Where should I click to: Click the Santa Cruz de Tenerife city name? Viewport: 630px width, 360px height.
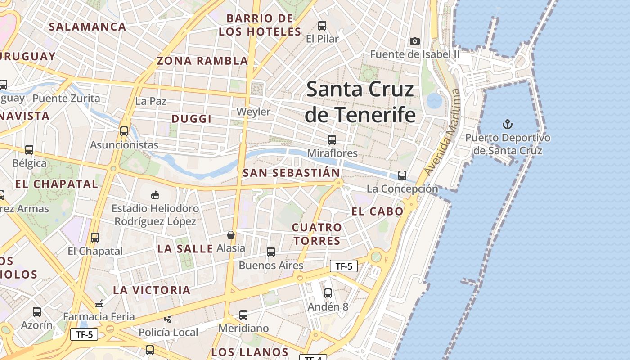coord(360,102)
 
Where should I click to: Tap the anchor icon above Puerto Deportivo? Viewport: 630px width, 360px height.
coord(508,124)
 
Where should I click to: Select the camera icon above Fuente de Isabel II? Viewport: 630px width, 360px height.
coord(415,41)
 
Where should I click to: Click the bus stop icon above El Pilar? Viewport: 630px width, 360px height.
coord(322,26)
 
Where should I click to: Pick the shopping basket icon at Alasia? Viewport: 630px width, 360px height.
coord(231,235)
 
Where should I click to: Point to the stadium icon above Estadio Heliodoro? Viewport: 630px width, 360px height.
coord(155,195)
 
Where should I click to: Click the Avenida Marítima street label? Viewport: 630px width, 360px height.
coord(443,132)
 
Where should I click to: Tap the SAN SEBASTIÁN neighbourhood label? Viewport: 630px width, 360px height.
coord(291,173)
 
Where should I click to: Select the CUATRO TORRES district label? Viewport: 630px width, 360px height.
coord(317,234)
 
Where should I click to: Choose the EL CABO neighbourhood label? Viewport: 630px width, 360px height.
coord(377,211)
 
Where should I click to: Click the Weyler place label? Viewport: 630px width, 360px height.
coord(253,112)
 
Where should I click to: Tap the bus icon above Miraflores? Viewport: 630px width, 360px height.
coord(332,140)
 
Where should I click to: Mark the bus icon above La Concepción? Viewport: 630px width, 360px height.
coord(402,175)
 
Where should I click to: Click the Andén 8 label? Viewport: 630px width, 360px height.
coord(328,307)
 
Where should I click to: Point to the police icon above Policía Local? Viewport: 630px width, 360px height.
coord(168,319)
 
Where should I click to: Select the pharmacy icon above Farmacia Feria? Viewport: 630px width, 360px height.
coord(99,304)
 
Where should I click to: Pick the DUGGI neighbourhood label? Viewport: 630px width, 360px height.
coord(191,119)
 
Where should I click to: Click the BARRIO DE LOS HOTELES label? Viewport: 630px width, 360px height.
coord(260,25)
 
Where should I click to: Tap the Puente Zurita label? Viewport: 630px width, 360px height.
coord(66,99)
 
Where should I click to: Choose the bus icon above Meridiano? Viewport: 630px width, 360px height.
coord(243,315)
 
